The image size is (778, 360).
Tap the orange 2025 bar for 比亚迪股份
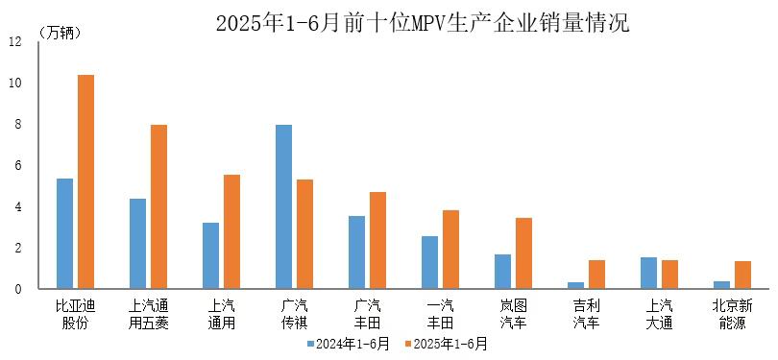[x=85, y=181]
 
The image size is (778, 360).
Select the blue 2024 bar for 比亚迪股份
[x=64, y=233]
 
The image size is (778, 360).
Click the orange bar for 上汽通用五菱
[x=158, y=206]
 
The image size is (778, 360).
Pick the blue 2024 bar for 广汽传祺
[x=283, y=206]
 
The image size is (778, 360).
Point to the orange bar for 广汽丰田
[x=377, y=240]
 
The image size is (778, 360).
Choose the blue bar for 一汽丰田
[x=429, y=262]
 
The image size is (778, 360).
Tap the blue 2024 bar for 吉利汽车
[x=575, y=285]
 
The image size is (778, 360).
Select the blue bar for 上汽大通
[x=648, y=273]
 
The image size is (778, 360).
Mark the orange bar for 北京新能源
[x=742, y=275]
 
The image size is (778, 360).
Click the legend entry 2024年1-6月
[x=347, y=343]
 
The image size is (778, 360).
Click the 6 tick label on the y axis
[x=14, y=166]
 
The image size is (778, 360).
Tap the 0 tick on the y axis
[x=14, y=289]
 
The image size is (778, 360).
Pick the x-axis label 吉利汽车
[x=586, y=315]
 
